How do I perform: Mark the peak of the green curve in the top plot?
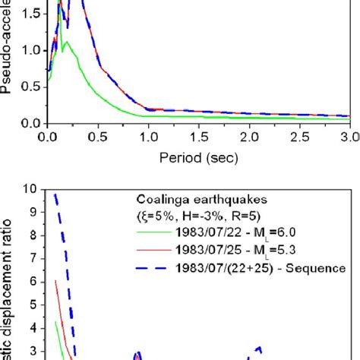pyautogui.click(x=68, y=43)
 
